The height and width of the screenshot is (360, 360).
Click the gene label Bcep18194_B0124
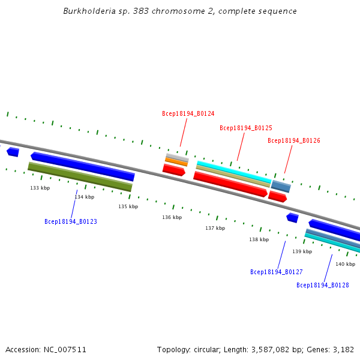tap(188, 113)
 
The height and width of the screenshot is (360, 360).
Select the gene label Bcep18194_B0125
tap(246, 128)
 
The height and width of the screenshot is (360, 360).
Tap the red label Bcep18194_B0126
tap(294, 140)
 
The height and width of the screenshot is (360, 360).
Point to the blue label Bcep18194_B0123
tap(71, 221)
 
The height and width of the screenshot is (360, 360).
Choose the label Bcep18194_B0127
tap(277, 272)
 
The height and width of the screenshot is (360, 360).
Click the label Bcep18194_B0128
tap(323, 285)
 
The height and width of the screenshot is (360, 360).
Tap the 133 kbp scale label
tap(40, 188)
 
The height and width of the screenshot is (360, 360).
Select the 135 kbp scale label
tap(128, 206)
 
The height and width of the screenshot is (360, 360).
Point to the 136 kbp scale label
tap(172, 217)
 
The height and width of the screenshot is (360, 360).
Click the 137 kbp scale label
tap(215, 228)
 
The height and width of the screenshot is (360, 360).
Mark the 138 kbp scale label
tap(259, 239)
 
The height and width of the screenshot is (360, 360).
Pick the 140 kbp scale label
tap(345, 264)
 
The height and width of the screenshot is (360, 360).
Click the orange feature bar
tap(176, 161)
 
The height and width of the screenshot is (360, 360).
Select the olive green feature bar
tap(80, 177)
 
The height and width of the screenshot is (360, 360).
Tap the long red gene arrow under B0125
tap(230, 184)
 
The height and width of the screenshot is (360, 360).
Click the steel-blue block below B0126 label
tap(281, 187)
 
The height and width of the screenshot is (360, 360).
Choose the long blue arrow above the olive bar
tap(83, 166)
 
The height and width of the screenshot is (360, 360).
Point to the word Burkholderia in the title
tap(86, 11)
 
